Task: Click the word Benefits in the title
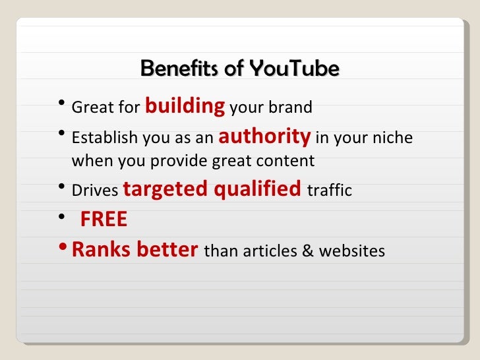[x=172, y=68]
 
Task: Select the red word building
[x=185, y=105]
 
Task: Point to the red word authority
[x=264, y=136]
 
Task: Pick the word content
[x=287, y=161]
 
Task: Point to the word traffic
[x=330, y=191]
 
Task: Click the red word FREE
[x=104, y=220]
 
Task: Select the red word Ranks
[x=100, y=250]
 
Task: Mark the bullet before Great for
[x=61, y=103]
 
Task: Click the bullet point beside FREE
[x=61, y=217]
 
